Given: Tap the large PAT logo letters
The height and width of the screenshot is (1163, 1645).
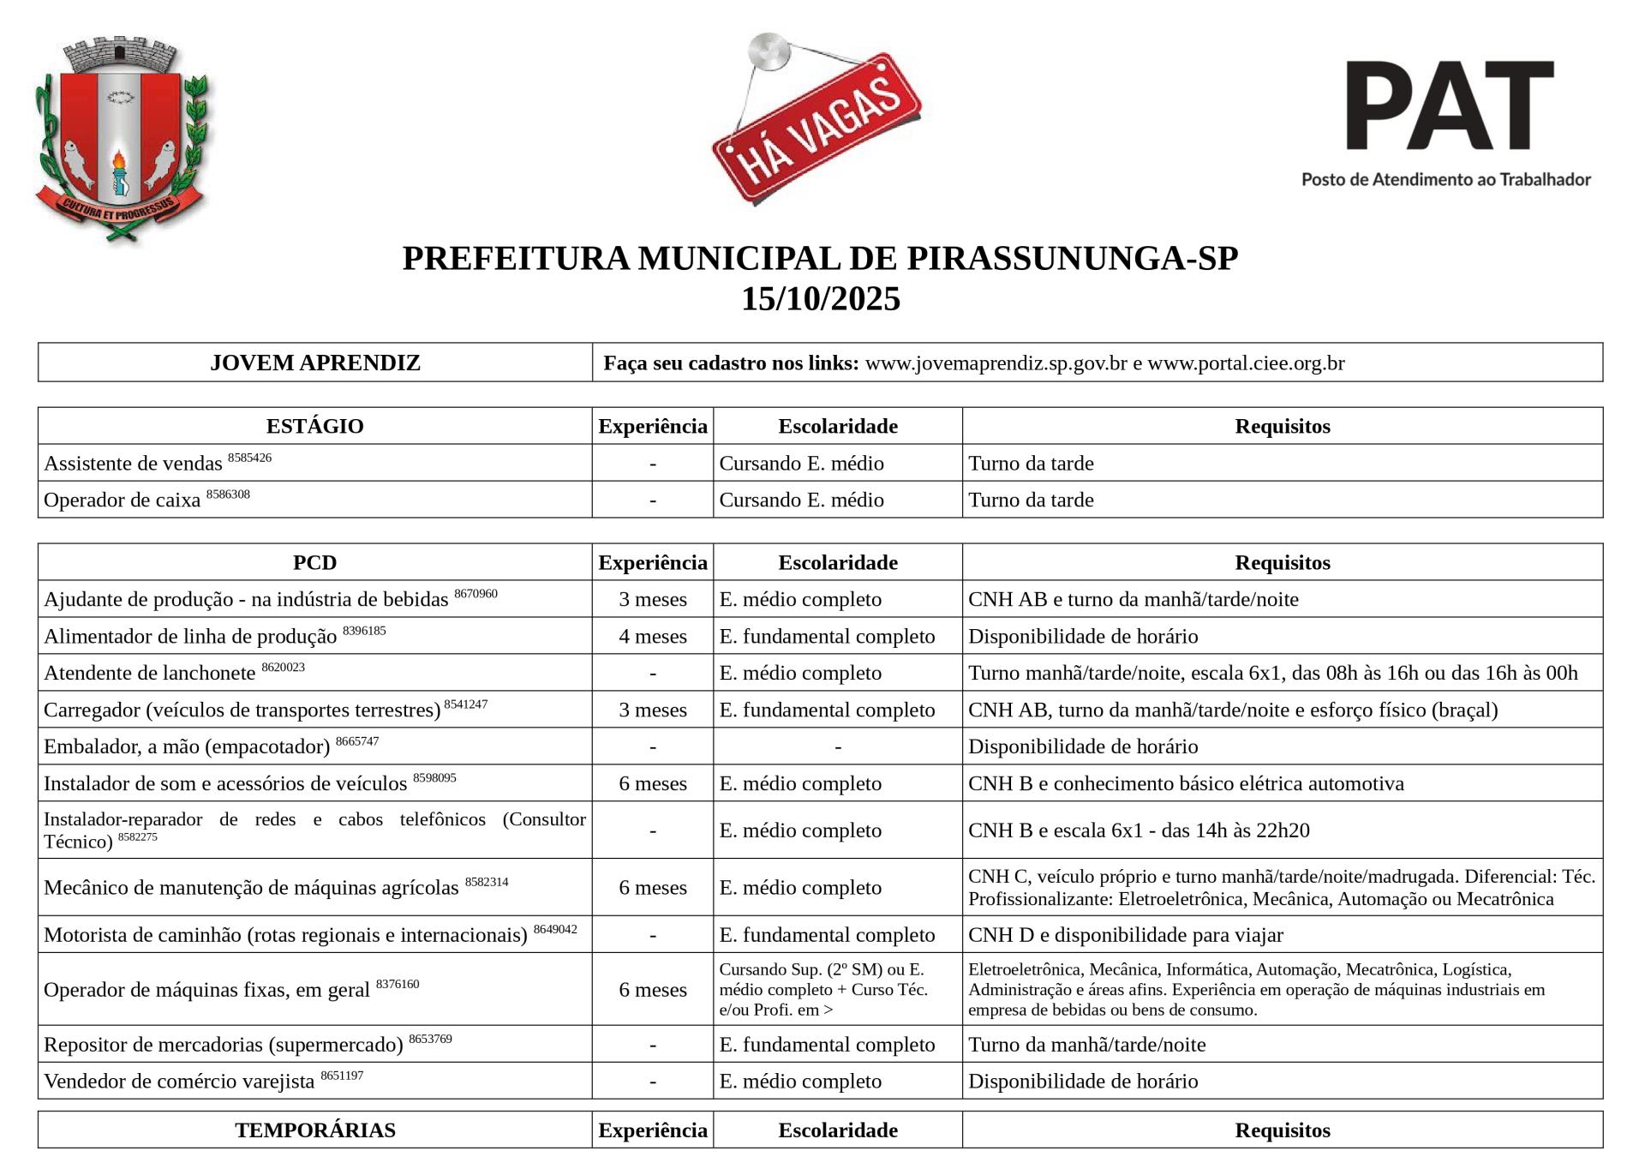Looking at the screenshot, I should click(x=1449, y=106).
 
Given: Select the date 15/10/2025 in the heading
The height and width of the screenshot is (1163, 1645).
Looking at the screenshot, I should click(x=821, y=299).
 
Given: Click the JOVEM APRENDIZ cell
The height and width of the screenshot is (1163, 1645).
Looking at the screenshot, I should click(x=314, y=363).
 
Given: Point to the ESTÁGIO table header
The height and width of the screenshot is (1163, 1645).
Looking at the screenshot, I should click(x=314, y=426).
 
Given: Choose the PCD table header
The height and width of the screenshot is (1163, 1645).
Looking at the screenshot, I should click(x=314, y=562).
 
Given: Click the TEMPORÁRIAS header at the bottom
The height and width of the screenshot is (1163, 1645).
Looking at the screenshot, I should click(x=314, y=1130).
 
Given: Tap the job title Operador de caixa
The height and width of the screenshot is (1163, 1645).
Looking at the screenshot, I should click(x=122, y=500).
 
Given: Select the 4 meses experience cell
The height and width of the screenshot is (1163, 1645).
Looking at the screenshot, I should click(x=653, y=636).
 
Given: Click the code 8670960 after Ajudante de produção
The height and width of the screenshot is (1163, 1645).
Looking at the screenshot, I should click(x=476, y=594).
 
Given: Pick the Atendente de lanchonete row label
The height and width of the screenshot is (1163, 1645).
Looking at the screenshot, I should click(x=150, y=673).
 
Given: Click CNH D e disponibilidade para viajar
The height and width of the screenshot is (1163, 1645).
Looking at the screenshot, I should click(x=1125, y=934).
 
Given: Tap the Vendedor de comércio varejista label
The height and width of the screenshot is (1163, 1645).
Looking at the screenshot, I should click(x=179, y=1081).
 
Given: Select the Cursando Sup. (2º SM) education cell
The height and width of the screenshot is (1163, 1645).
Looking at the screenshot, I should click(x=822, y=989).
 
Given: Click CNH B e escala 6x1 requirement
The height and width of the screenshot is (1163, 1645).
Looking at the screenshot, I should click(x=1139, y=830).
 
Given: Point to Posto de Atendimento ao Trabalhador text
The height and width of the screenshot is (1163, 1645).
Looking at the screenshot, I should click(x=1445, y=180).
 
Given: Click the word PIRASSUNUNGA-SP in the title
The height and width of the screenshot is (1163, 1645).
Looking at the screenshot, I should click(x=1072, y=258).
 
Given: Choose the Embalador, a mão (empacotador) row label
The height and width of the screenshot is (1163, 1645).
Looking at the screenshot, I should click(x=187, y=746).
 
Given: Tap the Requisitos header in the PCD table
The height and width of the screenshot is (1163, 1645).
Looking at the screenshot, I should click(x=1282, y=562).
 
